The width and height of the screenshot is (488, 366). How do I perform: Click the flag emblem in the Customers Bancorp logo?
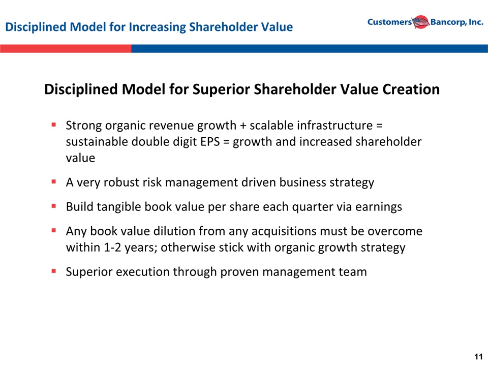point(421,22)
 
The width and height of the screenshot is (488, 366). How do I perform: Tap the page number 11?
point(478,356)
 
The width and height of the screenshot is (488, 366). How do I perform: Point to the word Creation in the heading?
point(411,89)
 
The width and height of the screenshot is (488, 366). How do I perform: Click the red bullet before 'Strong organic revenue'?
point(54,125)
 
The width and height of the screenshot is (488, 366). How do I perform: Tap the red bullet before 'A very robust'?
point(54,181)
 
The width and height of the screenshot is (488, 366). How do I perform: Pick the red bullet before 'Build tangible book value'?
point(54,206)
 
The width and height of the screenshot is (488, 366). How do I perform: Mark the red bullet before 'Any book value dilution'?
point(54,230)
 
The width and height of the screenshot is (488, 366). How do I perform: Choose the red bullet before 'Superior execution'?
point(54,271)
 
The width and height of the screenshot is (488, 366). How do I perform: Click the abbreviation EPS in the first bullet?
point(210,142)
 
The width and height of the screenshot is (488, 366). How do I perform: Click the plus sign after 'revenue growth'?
point(243,126)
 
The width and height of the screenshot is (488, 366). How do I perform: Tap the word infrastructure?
point(335,126)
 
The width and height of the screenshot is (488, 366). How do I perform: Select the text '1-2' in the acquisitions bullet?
point(112,248)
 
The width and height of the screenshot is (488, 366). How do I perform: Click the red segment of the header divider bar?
point(66,49)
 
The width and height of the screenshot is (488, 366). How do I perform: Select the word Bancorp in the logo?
point(448,22)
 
